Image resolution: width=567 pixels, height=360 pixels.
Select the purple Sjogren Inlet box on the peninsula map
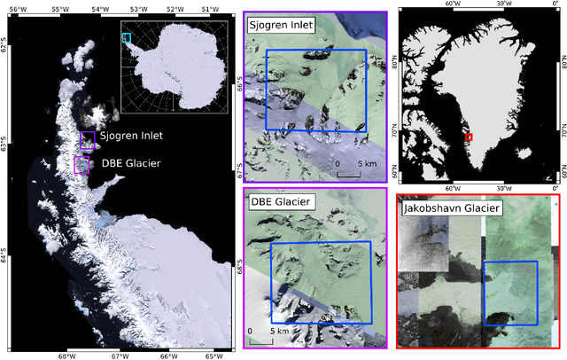(x=87, y=140)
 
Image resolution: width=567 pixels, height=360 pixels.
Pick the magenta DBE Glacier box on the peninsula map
(x=82, y=165)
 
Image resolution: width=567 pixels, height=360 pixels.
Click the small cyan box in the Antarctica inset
(x=126, y=38)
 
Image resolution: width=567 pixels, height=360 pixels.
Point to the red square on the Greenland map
(x=469, y=137)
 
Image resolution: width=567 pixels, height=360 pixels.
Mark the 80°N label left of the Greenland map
(x=393, y=66)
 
